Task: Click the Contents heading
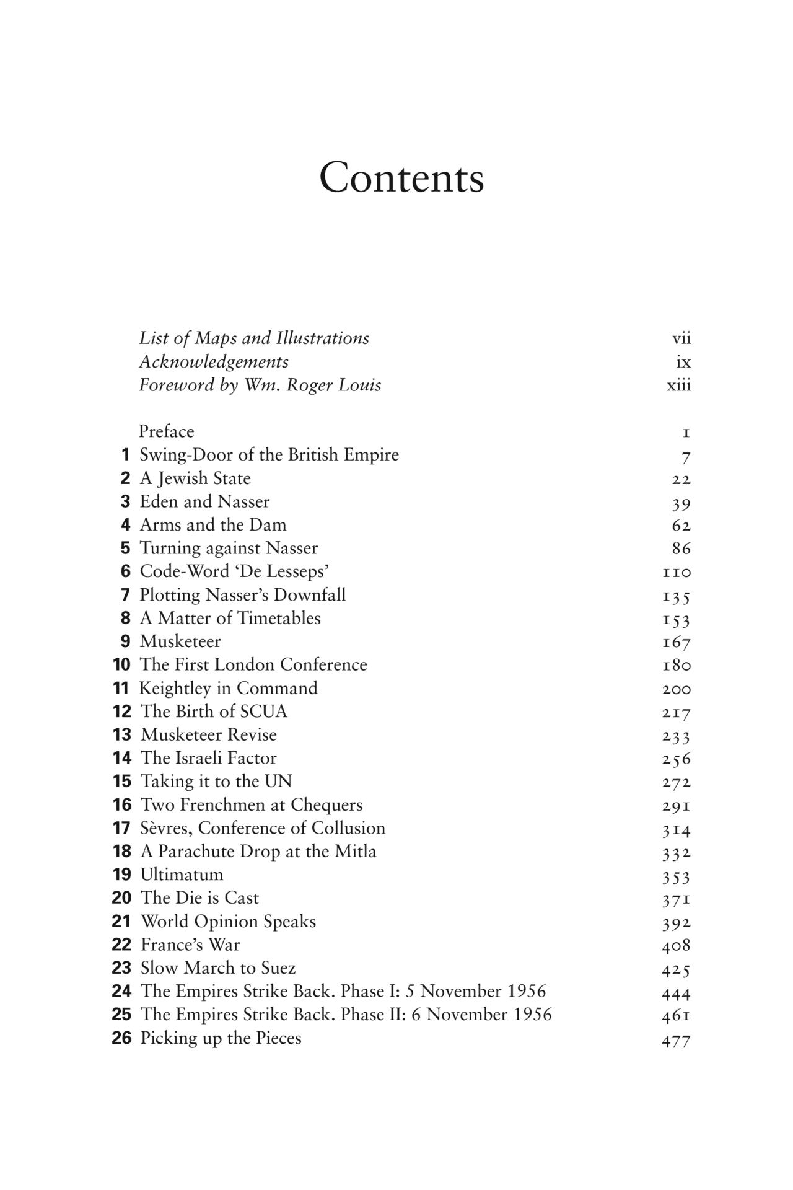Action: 401,178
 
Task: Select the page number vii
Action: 681,338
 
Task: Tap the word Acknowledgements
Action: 214,362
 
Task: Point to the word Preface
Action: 166,431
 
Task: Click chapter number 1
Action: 126,455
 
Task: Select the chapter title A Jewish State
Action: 195,478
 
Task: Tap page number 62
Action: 681,526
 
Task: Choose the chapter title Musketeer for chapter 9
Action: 180,641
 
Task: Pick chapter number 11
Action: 121,688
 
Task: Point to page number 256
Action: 677,759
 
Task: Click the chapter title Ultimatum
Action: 182,875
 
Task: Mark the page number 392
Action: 677,922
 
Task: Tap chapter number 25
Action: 121,1015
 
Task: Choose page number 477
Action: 676,1039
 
